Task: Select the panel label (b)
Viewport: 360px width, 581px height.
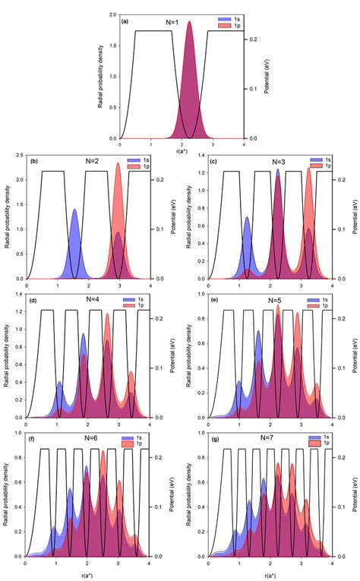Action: (x=35, y=161)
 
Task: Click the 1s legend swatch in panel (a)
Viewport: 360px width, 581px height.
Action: (x=225, y=19)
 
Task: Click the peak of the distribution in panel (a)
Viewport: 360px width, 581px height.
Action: (x=189, y=23)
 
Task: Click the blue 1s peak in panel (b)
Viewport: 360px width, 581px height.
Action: (x=74, y=210)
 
